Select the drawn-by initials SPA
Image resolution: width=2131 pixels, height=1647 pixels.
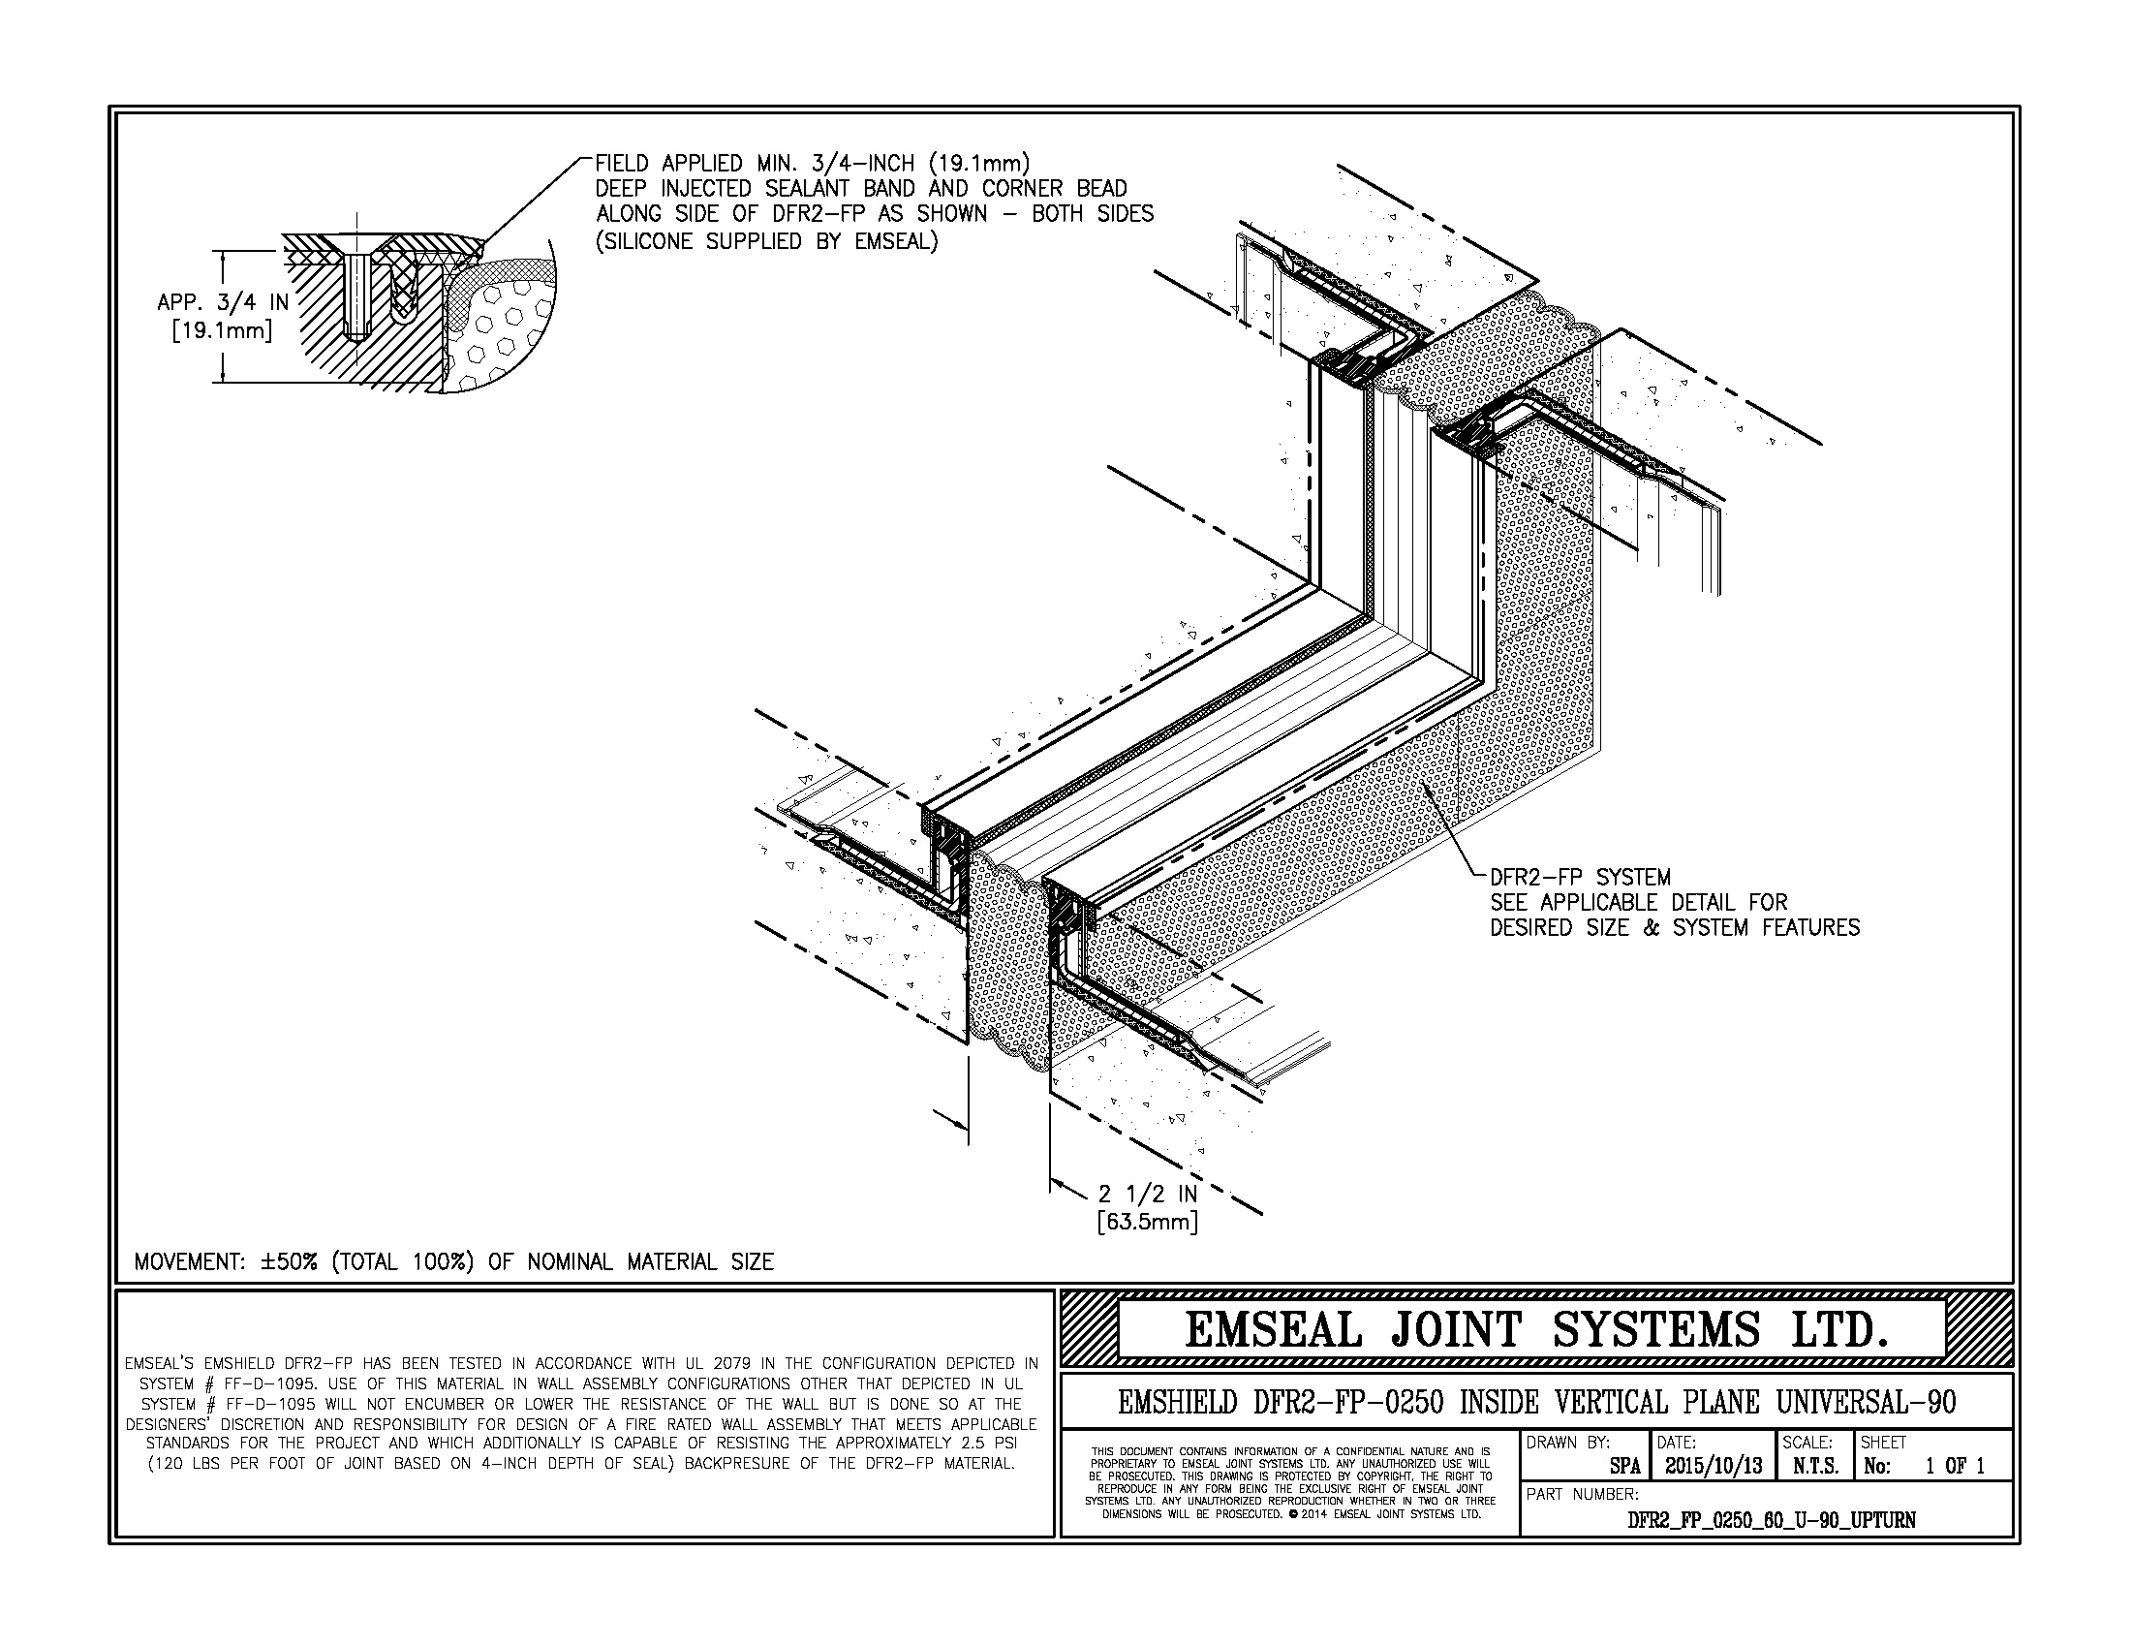[x=1624, y=1466]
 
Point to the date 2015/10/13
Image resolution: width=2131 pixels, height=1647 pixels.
[x=1713, y=1466]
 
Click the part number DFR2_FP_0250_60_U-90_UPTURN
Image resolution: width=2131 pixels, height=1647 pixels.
[x=1772, y=1520]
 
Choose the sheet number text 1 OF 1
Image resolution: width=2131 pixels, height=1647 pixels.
[x=1955, y=1466]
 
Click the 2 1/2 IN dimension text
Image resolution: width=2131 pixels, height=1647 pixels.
[x=1148, y=1194]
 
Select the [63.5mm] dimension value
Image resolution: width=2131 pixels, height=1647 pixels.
[x=1148, y=1221]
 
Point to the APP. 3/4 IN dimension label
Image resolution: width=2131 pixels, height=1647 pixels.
[x=224, y=302]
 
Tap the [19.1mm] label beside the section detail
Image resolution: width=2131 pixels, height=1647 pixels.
[x=222, y=330]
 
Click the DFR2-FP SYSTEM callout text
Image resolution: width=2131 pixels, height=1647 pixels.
[x=1581, y=877]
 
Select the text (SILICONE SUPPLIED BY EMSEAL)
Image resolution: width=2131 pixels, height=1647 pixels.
[x=766, y=241]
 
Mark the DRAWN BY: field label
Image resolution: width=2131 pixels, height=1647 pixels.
[x=1568, y=1443]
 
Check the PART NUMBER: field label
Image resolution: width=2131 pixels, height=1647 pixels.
[x=1582, y=1494]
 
